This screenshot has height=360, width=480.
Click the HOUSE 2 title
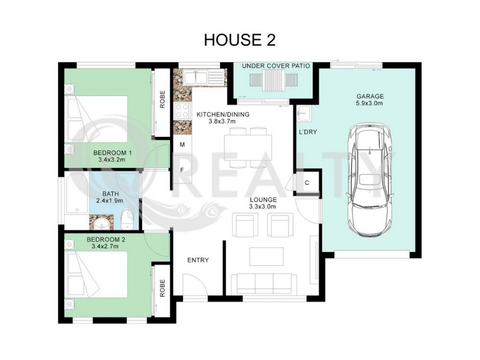point(239,40)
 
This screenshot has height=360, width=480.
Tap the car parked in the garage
point(370,180)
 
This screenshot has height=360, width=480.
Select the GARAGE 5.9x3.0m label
point(370,100)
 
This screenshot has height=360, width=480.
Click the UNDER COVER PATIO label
point(275,65)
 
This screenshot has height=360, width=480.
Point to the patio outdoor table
point(275,80)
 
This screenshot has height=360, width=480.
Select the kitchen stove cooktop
point(181,110)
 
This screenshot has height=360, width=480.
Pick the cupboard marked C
point(307,183)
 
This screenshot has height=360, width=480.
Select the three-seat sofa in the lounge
point(264,283)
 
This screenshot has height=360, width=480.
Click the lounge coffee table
point(264,256)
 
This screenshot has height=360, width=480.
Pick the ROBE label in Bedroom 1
point(162,98)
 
